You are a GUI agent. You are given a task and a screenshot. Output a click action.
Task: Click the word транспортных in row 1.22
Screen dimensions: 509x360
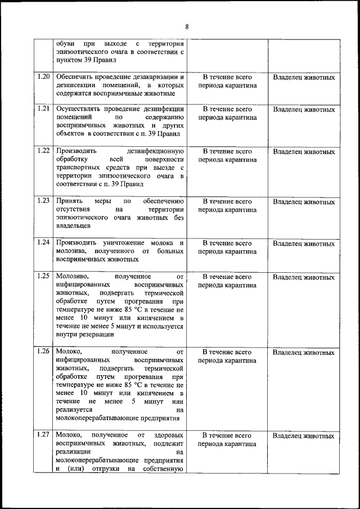tap(77, 168)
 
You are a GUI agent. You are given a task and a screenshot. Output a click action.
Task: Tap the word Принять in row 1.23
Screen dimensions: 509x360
tap(68, 201)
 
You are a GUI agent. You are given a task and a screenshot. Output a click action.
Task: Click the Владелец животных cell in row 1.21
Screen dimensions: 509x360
tap(303, 109)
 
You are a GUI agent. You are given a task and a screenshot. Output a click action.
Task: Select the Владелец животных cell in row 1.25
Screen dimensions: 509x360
tap(303, 277)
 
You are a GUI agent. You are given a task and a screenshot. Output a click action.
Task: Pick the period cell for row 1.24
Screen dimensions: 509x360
tap(227, 247)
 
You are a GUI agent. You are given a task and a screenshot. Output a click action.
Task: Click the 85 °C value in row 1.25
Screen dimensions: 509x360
tap(112, 309)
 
